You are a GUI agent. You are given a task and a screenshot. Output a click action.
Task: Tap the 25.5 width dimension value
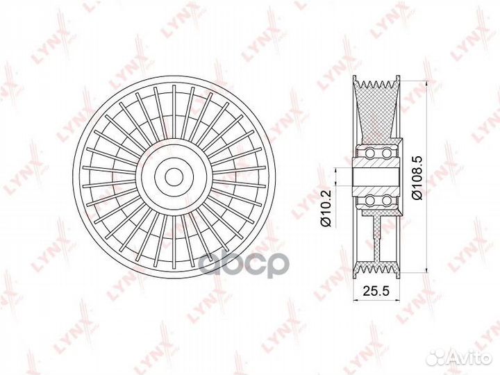(x=374, y=294)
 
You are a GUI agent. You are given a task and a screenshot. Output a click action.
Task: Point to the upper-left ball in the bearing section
(x=369, y=153)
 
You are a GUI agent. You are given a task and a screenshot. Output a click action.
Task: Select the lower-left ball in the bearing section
(x=369, y=201)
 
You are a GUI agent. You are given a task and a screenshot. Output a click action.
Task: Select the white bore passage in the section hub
(x=376, y=177)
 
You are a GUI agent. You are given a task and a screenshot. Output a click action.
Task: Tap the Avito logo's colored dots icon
(x=438, y=357)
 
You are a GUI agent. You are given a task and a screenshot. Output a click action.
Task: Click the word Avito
(x=470, y=357)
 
